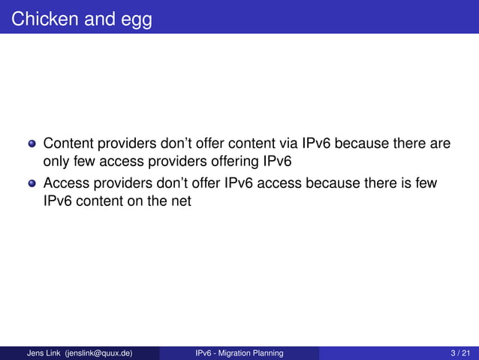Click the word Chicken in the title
pyautogui.click(x=43, y=18)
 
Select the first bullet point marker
pyautogui.click(x=32, y=144)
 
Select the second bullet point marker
pyautogui.click(x=32, y=183)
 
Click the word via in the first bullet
pyautogui.click(x=287, y=143)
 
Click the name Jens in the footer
pyautogui.click(x=35, y=353)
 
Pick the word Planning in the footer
pyautogui.click(x=268, y=353)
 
